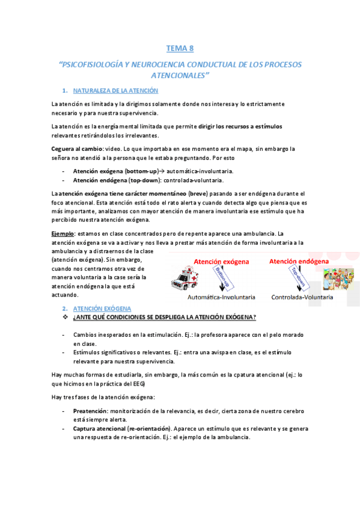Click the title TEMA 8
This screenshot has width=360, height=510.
pos(180,48)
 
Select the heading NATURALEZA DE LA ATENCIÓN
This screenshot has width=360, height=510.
pos(115,91)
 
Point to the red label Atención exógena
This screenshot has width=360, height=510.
pos(223,262)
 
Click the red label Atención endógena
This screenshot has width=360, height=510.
pos(299,261)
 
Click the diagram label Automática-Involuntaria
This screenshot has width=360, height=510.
pos(221,297)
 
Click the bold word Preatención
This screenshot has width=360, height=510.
pos(90,410)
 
